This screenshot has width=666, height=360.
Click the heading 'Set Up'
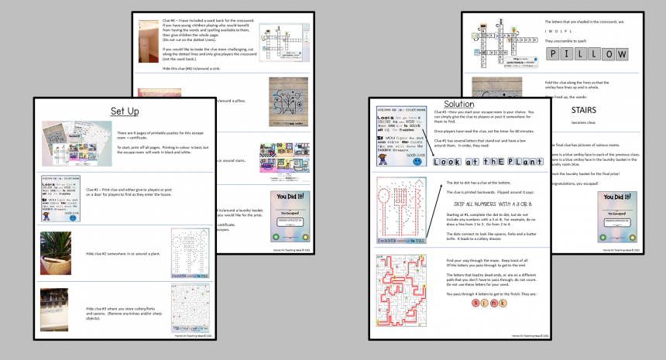[125, 111]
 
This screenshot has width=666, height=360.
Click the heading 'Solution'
[459, 104]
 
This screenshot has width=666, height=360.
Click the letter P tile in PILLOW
[555, 53]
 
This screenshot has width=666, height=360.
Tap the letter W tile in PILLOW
[621, 53]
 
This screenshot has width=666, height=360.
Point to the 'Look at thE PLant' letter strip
[471, 162]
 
